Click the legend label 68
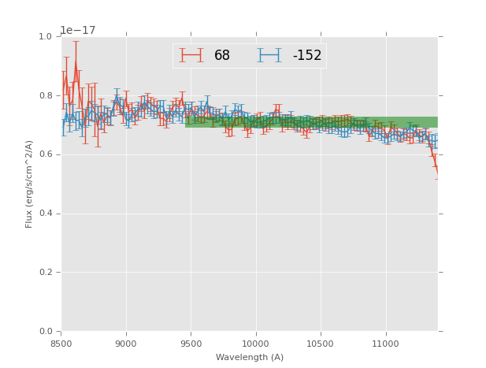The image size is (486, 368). click(x=222, y=56)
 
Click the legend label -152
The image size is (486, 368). click(x=307, y=56)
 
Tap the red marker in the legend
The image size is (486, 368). click(x=191, y=56)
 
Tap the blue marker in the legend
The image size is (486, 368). click(x=270, y=56)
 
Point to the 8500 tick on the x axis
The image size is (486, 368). click(x=61, y=344)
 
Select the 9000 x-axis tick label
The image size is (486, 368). click(x=126, y=344)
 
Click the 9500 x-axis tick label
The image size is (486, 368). click(x=191, y=344)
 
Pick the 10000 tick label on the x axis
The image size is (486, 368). click(x=255, y=344)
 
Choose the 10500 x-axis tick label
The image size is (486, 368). click(x=320, y=344)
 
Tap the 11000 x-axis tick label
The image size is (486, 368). click(x=384, y=344)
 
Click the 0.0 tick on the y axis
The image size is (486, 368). click(x=46, y=332)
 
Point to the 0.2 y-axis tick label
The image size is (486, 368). click(x=46, y=273)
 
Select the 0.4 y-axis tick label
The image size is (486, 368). click(x=46, y=214)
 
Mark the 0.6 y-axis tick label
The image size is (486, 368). click(x=46, y=154)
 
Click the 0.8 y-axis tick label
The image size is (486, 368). click(x=46, y=96)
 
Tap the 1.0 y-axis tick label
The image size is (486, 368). click(x=46, y=37)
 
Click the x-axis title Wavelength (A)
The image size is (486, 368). click(x=250, y=358)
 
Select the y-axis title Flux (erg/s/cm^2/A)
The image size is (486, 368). click(x=29, y=184)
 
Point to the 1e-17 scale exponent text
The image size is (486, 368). click(x=78, y=30)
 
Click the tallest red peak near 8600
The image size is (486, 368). click(x=76, y=60)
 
